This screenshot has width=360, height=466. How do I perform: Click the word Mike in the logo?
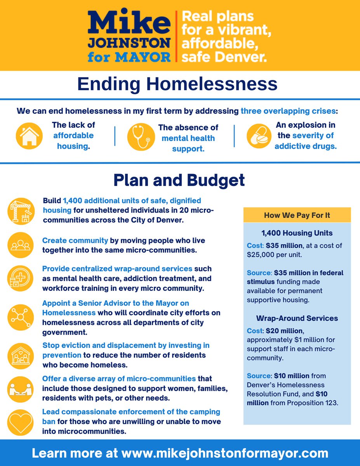[x=129, y=23]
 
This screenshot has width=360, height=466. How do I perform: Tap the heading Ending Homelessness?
[x=177, y=84]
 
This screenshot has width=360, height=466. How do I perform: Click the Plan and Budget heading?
[x=179, y=181]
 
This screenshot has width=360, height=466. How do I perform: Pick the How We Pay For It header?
[x=297, y=215]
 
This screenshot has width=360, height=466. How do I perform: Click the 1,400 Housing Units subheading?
[x=297, y=233]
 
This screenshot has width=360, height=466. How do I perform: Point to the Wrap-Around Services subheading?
[x=297, y=318]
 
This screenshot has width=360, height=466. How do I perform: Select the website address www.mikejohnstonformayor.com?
[x=225, y=453]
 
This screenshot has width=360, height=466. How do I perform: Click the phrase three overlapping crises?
[x=288, y=111]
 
